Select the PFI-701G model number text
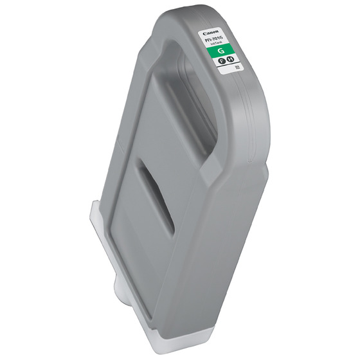(x=213, y=39)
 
